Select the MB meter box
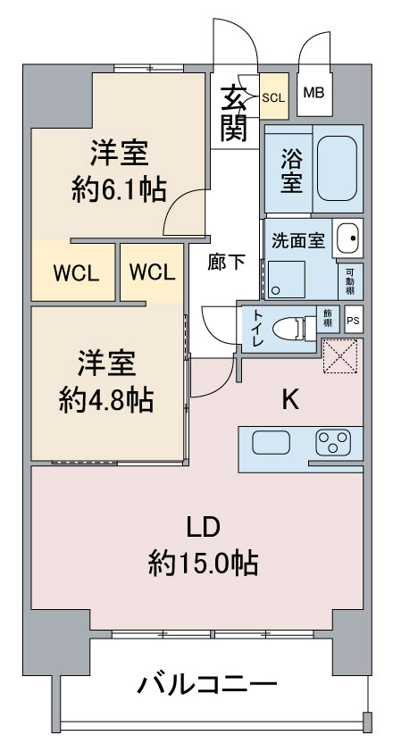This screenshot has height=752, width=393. pyautogui.click(x=314, y=93)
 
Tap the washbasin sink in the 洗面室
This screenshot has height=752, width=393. pyautogui.click(x=347, y=238)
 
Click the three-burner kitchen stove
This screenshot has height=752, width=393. pyautogui.click(x=334, y=442)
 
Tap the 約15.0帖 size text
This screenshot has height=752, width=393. pyautogui.click(x=204, y=562)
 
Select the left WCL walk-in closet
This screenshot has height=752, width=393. pyautogui.click(x=75, y=272)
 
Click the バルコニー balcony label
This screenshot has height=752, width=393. pyautogui.click(x=206, y=685)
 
